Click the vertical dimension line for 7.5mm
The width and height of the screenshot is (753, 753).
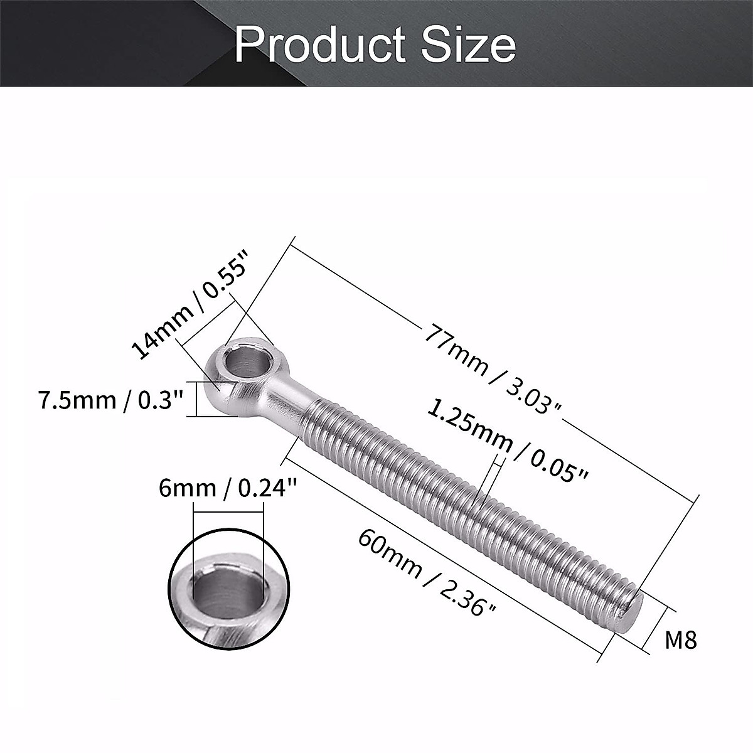196,399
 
